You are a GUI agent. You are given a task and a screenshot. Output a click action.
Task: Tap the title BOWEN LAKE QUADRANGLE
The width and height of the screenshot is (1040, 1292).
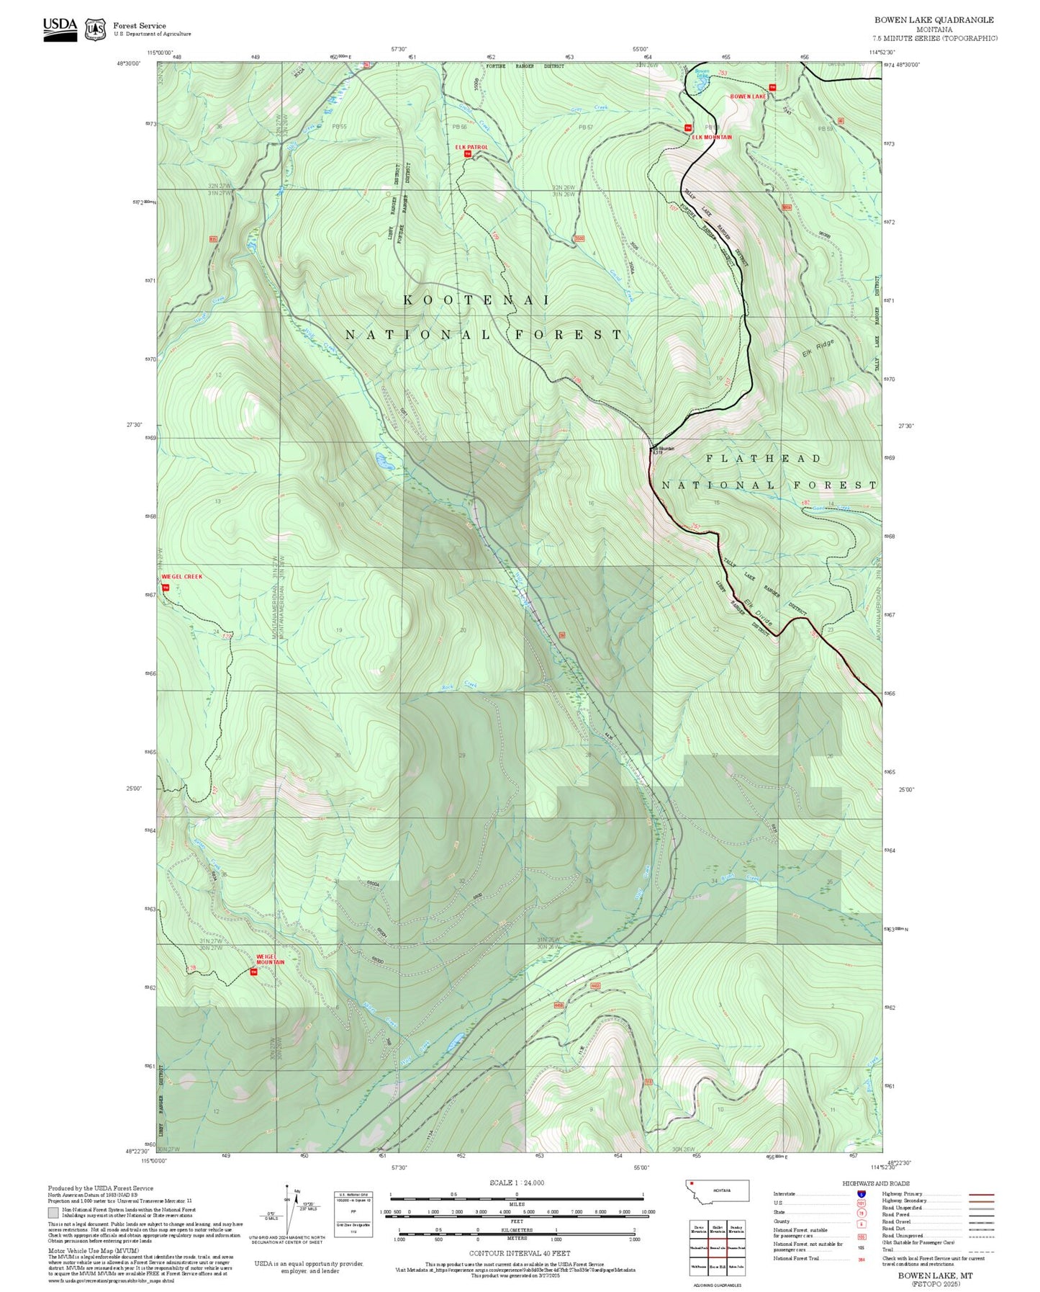click(x=933, y=20)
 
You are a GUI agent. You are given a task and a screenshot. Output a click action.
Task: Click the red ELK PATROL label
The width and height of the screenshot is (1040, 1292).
click(x=471, y=147)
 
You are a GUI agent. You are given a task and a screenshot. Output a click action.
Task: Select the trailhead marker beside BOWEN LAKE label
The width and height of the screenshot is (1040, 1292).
click(x=772, y=88)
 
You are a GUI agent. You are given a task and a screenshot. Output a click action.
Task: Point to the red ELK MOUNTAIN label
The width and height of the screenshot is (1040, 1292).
click(x=711, y=137)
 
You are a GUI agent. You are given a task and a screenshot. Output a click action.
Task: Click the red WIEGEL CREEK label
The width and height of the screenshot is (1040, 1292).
click(x=182, y=576)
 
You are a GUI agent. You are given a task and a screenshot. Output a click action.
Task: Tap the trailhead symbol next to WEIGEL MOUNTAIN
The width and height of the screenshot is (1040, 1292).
click(x=253, y=972)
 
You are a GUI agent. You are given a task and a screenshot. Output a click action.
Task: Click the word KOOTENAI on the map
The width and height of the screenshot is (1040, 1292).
click(x=476, y=300)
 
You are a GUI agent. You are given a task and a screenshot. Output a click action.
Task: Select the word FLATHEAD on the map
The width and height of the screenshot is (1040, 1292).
click(x=763, y=459)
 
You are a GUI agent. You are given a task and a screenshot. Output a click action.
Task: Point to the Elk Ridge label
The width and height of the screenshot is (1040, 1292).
click(x=818, y=349)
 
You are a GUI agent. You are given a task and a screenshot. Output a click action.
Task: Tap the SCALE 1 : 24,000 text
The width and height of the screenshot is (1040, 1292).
click(x=516, y=1183)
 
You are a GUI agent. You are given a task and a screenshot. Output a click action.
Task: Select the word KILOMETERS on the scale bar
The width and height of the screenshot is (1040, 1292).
click(x=516, y=1230)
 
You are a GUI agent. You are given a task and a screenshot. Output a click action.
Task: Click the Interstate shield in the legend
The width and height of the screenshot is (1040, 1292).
click(x=861, y=1193)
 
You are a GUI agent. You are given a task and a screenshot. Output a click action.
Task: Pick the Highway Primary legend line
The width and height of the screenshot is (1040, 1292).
click(x=982, y=1194)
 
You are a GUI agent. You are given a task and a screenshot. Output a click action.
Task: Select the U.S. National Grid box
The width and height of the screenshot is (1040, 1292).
click(x=353, y=1214)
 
